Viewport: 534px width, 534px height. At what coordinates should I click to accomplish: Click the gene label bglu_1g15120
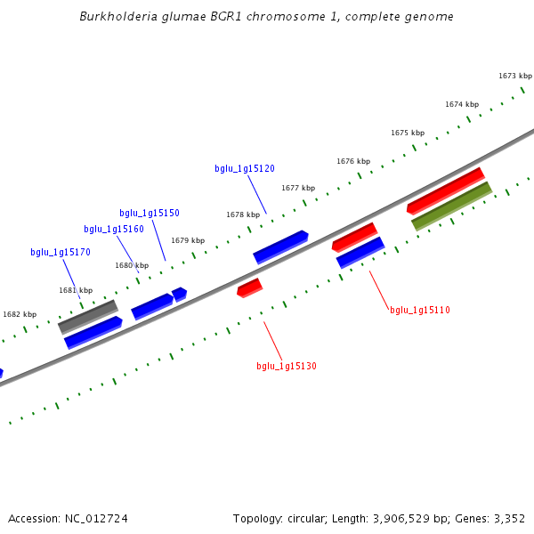click(244, 168)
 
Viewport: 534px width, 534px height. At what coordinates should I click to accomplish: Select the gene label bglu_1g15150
click(150, 213)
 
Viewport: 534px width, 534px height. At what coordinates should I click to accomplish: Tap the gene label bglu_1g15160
click(114, 229)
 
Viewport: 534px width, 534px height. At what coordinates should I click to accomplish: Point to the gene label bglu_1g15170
click(61, 252)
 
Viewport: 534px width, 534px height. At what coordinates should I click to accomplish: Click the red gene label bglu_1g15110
click(420, 310)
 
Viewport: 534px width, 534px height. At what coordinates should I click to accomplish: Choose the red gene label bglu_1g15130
click(287, 366)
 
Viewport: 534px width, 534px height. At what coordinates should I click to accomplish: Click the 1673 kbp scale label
click(515, 76)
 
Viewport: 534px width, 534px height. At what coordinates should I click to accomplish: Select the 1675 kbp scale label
click(408, 133)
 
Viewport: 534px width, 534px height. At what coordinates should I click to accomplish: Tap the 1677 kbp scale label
click(298, 188)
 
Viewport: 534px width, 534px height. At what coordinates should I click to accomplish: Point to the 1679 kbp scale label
click(188, 240)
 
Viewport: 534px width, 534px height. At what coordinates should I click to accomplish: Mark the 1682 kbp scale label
click(20, 314)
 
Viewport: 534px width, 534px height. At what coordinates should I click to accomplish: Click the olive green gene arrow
click(451, 206)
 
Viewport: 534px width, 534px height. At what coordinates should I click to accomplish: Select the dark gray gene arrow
click(88, 316)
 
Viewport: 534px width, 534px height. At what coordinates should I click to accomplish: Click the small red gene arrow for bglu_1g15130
click(249, 287)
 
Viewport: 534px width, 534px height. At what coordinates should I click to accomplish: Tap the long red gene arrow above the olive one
click(445, 190)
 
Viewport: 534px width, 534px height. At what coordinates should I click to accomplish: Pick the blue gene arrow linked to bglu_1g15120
click(280, 247)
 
